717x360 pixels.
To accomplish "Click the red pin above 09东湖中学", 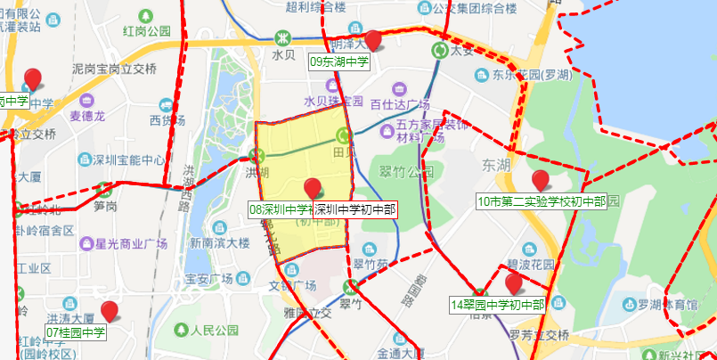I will point(374,40).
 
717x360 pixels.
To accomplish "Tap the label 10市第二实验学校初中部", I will point(541,201).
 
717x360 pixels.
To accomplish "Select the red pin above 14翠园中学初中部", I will point(513,283).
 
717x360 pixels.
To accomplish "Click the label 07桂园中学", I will point(76,333).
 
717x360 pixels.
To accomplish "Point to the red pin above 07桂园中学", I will point(110,311).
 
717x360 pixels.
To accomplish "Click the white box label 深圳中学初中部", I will point(354,210).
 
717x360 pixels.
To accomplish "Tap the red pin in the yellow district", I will point(312,188).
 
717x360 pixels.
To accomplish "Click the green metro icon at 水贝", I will point(282,38).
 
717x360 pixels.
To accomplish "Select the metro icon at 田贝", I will point(344,135).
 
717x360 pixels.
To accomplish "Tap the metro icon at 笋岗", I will point(105,189).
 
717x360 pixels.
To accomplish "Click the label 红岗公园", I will point(146,31).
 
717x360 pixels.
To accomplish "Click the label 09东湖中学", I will point(339,62).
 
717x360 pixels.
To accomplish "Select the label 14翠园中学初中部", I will point(498,305).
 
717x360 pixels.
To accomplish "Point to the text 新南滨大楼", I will point(219,242).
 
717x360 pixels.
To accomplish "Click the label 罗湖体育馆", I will point(667,305).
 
